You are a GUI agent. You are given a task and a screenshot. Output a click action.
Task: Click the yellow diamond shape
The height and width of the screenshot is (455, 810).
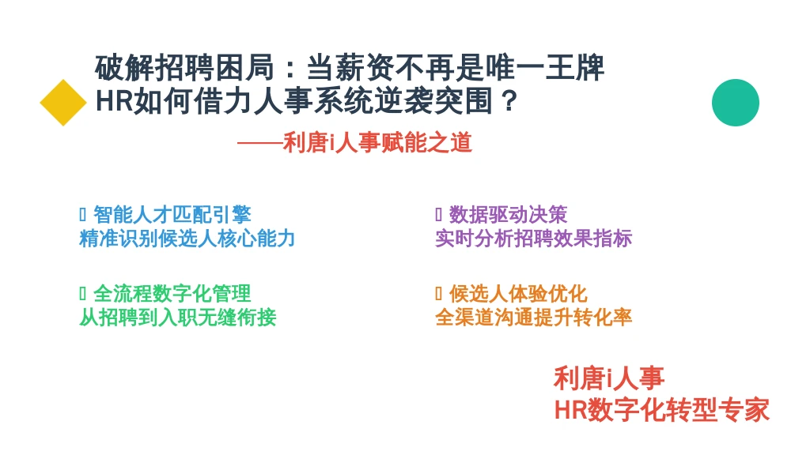pyautogui.click(x=63, y=103)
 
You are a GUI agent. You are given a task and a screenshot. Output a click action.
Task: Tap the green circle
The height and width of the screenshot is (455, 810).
pyautogui.click(x=735, y=103)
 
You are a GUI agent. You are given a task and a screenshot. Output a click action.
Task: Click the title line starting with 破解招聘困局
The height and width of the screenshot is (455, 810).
pyautogui.click(x=350, y=68)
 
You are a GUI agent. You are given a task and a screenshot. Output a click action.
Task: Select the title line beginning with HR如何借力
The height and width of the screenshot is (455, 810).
pyautogui.click(x=306, y=100)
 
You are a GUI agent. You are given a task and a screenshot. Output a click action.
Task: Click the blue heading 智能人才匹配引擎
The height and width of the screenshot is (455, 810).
pyautogui.click(x=172, y=215)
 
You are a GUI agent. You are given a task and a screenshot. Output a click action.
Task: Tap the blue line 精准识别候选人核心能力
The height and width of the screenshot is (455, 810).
pyautogui.click(x=187, y=239)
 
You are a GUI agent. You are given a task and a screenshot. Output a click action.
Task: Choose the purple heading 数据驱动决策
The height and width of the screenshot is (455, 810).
pyautogui.click(x=509, y=215)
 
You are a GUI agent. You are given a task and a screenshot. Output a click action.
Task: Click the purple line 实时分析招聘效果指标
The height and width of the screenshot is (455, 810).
pyautogui.click(x=534, y=239)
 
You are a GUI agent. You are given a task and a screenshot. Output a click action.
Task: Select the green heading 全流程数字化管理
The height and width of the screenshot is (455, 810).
pyautogui.click(x=172, y=294)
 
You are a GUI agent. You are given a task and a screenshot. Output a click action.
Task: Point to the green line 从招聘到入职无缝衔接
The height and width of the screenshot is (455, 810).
pyautogui.click(x=178, y=318)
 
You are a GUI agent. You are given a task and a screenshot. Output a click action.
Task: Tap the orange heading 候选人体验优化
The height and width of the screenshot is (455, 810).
pyautogui.click(x=518, y=294)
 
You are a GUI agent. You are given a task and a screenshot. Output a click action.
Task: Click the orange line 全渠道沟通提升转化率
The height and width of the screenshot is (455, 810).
pyautogui.click(x=534, y=318)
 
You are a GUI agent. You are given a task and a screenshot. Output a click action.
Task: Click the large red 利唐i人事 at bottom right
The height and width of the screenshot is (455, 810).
pyautogui.click(x=609, y=378)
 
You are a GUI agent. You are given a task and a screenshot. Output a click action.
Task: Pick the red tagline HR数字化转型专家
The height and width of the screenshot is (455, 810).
pyautogui.click(x=662, y=410)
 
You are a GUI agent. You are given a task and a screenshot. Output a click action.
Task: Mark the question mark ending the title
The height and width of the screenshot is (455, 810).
pyautogui.click(x=509, y=101)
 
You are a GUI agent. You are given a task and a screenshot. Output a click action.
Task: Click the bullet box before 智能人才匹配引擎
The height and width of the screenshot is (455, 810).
pyautogui.click(x=82, y=214)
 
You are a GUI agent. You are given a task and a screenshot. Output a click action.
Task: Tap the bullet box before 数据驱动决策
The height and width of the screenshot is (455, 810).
pyautogui.click(x=438, y=214)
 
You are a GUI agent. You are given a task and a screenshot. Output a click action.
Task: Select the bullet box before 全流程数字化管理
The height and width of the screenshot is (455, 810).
pyautogui.click(x=82, y=294)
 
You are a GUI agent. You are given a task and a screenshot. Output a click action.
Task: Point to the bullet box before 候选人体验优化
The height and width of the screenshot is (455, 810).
pyautogui.click(x=438, y=294)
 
